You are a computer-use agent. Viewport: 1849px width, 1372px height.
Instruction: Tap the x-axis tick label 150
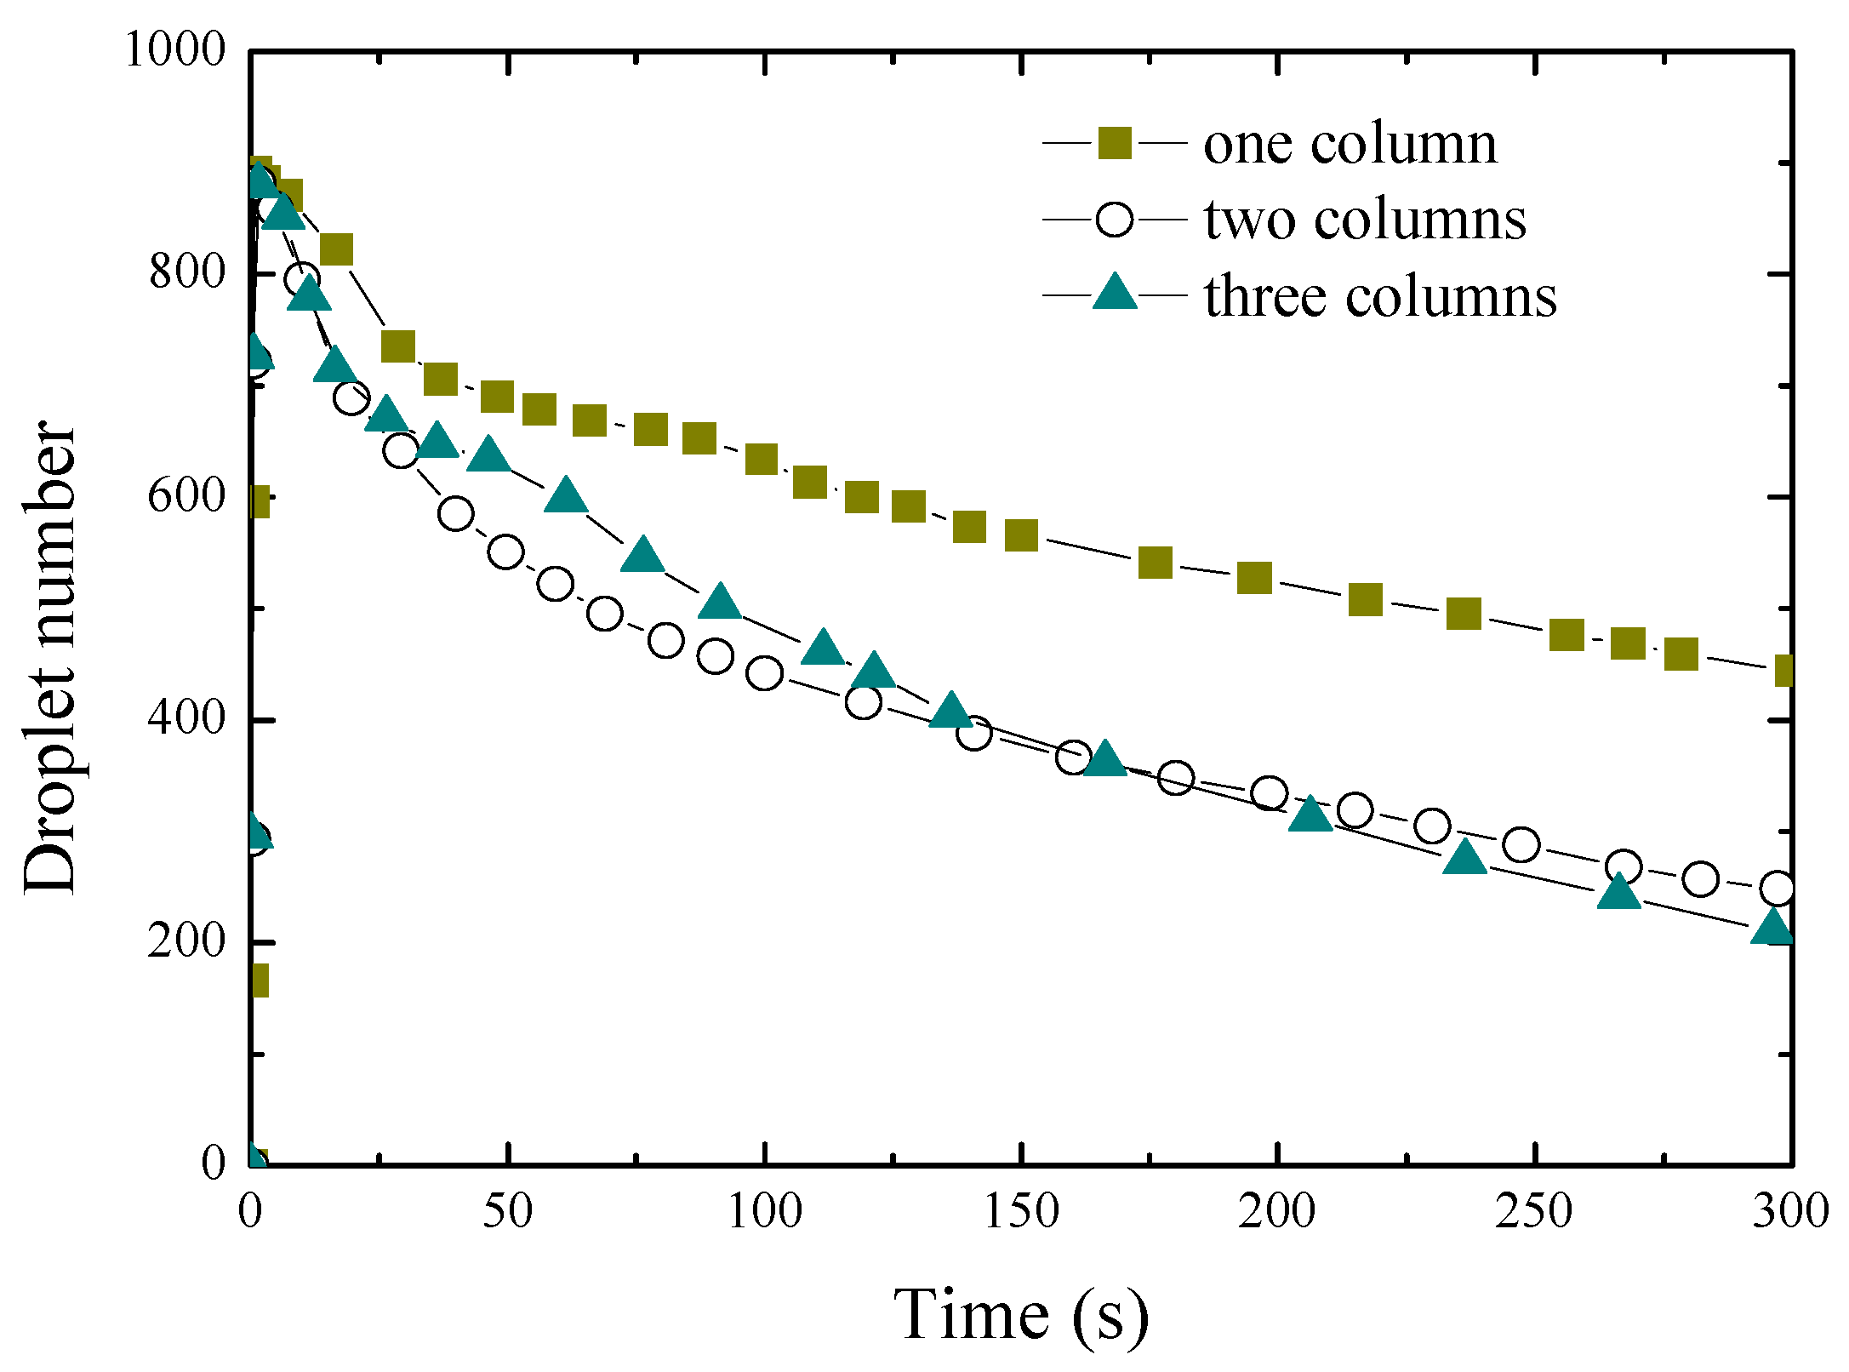click(x=1020, y=1211)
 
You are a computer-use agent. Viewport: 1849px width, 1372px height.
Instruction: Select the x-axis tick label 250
click(x=1534, y=1211)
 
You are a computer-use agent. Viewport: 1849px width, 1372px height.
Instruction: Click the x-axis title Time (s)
click(x=1020, y=1315)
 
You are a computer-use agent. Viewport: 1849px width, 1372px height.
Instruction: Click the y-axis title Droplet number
click(x=49, y=657)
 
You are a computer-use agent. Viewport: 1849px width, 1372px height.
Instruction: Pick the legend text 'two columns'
click(x=1365, y=220)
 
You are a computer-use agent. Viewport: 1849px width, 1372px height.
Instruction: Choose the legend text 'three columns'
click(x=1380, y=296)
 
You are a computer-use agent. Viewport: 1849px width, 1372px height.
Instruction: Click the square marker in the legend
click(x=1114, y=143)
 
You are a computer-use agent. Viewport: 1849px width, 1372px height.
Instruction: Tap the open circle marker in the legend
click(x=1114, y=220)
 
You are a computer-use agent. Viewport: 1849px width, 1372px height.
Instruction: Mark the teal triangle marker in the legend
click(x=1114, y=294)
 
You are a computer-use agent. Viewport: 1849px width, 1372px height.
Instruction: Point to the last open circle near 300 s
click(x=1777, y=889)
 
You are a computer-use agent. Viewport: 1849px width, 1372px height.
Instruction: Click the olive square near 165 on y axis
click(x=258, y=980)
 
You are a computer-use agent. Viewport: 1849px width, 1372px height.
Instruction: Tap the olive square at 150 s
click(x=1021, y=535)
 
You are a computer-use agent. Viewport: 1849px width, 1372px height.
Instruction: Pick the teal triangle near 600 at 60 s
click(x=566, y=495)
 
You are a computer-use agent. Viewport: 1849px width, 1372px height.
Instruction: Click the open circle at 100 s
click(x=764, y=673)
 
